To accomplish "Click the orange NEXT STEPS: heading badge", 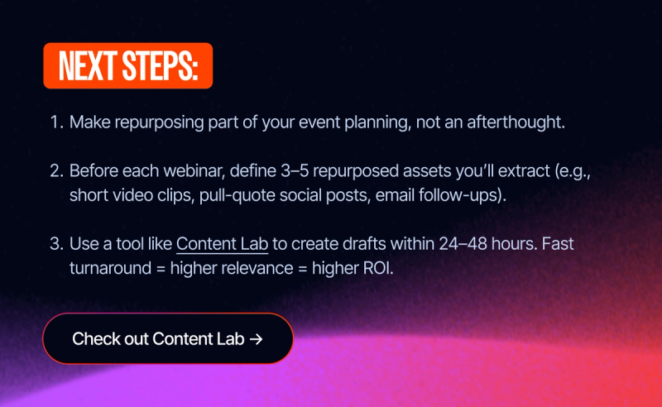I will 127,65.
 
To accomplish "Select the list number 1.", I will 56,122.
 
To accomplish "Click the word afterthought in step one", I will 521,122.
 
